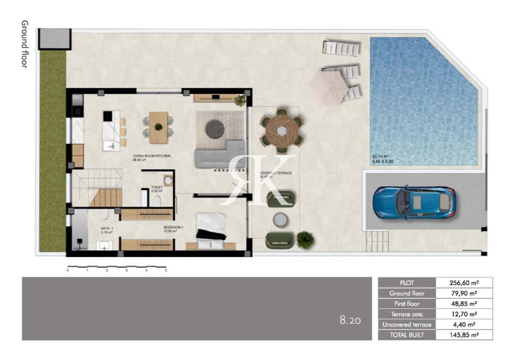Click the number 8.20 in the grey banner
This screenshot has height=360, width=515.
point(349,319)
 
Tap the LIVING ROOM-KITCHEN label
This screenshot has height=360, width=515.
point(151,157)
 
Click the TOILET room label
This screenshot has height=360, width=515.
point(156,188)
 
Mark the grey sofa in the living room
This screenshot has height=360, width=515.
point(219,155)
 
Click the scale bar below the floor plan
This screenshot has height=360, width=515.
point(116,265)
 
